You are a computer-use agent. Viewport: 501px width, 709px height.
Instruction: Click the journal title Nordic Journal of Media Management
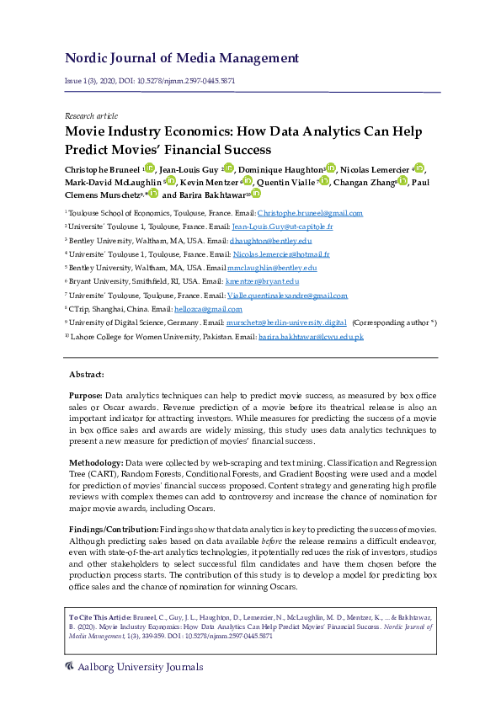[182, 58]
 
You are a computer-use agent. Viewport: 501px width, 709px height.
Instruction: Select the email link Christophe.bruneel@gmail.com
[310, 214]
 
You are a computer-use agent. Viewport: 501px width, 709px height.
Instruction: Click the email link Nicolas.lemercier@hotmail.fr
[280, 254]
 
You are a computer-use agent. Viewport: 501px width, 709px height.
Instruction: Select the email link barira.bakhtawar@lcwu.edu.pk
[311, 337]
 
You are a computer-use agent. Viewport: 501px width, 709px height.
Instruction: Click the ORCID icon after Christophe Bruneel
[150, 168]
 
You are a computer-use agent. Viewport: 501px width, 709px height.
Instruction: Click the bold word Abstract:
[87, 374]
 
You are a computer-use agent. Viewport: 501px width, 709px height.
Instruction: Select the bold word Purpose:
[85, 394]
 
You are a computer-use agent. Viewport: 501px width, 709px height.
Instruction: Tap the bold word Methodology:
[95, 463]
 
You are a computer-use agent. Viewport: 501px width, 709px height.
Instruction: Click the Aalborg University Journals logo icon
[70, 667]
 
